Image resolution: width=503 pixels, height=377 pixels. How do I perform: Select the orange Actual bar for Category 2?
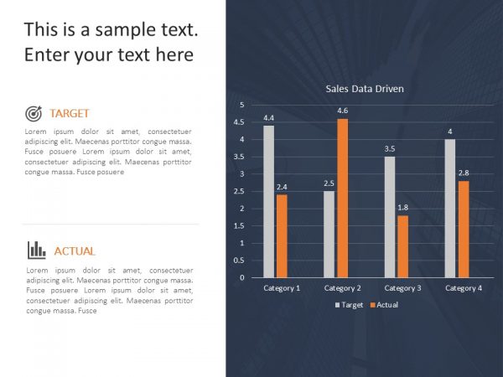(342, 198)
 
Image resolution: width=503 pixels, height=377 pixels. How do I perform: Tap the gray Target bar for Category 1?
(268, 201)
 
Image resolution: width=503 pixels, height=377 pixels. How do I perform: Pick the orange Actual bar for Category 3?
(402, 246)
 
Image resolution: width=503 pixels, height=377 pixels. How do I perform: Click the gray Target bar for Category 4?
(450, 208)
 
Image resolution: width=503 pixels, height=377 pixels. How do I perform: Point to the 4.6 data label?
(342, 111)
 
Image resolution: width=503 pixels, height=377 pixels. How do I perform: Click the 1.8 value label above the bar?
(402, 208)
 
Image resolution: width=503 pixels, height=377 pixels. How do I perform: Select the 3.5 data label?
(389, 149)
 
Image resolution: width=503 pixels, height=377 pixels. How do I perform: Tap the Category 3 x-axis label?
(402, 288)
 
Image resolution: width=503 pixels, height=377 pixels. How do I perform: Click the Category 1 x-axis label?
(282, 288)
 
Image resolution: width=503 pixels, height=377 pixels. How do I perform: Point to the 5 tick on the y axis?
(242, 105)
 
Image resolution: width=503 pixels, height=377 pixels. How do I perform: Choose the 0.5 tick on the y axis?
(240, 260)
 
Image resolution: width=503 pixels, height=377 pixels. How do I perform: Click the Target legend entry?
(350, 305)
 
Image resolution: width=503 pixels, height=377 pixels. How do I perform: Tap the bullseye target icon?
(34, 113)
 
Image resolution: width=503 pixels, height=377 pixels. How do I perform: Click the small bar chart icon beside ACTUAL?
(36, 250)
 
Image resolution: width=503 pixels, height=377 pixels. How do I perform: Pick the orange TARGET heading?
(70, 113)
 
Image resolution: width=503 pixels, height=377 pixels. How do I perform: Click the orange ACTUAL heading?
(75, 250)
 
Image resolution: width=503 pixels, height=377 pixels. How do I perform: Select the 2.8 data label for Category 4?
(463, 173)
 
